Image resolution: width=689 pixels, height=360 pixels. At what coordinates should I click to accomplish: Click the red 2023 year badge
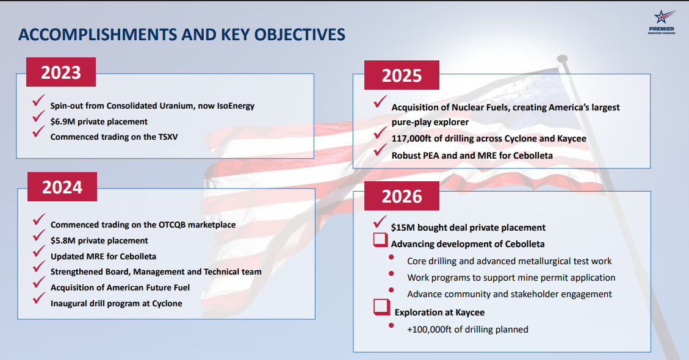[61, 72]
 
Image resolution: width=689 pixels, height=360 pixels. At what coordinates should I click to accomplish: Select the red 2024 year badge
[62, 187]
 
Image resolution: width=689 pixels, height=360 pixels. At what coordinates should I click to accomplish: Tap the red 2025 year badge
[402, 75]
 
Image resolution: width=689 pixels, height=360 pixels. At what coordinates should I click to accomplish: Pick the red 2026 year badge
[402, 196]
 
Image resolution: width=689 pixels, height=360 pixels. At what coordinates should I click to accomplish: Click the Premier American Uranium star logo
[662, 22]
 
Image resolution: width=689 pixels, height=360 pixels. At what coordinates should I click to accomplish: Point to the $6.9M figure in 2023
[62, 122]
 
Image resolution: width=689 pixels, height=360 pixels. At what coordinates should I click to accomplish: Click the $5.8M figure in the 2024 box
[63, 241]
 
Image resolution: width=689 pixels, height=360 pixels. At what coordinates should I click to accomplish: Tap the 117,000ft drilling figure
[411, 139]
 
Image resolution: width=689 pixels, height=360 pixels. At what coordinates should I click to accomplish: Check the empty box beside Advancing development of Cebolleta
[381, 240]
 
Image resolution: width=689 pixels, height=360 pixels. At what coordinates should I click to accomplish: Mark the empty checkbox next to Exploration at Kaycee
[381, 308]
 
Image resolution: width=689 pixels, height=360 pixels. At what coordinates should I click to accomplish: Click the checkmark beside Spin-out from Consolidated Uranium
[38, 100]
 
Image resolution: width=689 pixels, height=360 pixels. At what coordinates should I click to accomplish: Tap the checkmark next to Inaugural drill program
[38, 298]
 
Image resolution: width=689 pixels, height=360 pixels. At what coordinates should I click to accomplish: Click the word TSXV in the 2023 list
[168, 137]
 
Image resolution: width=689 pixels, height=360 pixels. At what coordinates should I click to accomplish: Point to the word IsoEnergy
[236, 106]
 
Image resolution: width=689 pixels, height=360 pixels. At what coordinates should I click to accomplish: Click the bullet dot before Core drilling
[391, 257]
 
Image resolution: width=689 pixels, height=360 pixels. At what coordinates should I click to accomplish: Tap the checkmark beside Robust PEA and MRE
[380, 150]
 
